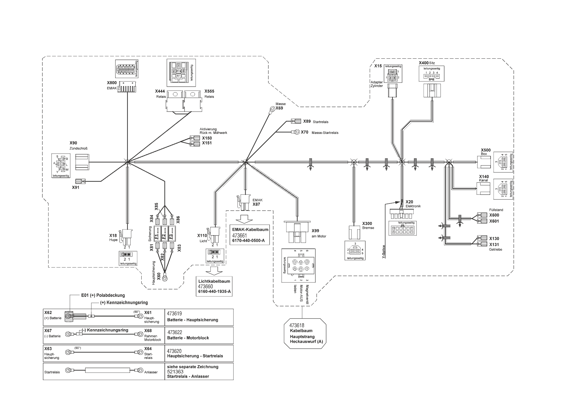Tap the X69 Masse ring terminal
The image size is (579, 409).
coord(272,108)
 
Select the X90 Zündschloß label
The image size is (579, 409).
coord(73,143)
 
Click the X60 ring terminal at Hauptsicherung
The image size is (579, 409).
coord(165,278)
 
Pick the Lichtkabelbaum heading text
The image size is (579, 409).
coord(214,281)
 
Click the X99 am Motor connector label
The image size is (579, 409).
coord(316,231)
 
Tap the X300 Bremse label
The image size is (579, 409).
coord(367,223)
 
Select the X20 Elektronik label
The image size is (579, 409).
coord(409,202)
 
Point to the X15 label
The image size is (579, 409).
coord(378,66)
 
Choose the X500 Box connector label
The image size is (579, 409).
coord(486,150)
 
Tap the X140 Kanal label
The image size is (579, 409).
coord(484,177)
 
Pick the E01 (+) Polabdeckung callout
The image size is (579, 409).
coord(103,295)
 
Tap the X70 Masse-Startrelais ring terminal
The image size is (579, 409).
coord(297,132)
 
